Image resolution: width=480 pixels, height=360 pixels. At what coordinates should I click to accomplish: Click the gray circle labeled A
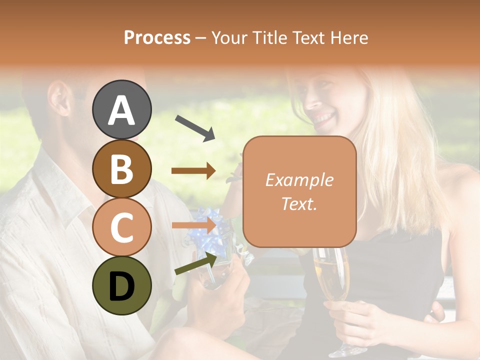(x=121, y=109)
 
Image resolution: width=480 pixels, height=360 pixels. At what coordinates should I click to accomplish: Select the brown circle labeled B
(x=121, y=168)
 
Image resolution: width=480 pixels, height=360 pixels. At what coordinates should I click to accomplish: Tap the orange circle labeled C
(x=121, y=227)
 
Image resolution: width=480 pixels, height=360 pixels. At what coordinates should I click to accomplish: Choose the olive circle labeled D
(x=121, y=285)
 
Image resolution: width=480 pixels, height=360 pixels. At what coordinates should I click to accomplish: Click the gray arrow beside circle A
(x=194, y=128)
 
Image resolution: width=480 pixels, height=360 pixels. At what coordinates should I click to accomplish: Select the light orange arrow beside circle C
(x=194, y=225)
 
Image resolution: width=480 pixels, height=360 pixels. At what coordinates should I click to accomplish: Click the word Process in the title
(x=157, y=37)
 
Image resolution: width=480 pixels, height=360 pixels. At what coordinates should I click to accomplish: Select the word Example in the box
(x=299, y=180)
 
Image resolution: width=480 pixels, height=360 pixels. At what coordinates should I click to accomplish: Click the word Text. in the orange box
(x=299, y=203)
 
